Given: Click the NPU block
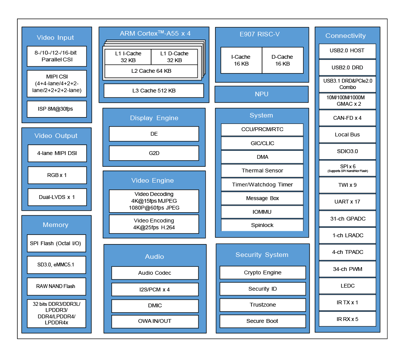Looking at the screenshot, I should click(261, 94).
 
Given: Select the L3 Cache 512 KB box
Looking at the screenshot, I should click(154, 91).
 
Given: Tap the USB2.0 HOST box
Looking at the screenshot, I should click(347, 51).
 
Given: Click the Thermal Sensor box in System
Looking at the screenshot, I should click(262, 171).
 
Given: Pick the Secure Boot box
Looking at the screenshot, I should click(262, 321).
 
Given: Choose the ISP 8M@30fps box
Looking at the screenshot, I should click(57, 109).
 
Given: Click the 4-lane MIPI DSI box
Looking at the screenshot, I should click(57, 153).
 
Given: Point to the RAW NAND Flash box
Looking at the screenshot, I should click(56, 286).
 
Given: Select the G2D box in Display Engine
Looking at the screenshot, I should click(154, 153).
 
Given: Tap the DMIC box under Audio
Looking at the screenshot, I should click(155, 305).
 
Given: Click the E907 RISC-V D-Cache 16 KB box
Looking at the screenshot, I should click(283, 60).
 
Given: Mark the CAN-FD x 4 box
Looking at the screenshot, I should click(347, 118).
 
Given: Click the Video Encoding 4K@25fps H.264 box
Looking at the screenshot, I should click(154, 224).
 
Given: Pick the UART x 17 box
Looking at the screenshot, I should click(347, 202).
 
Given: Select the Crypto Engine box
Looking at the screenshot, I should click(262, 272).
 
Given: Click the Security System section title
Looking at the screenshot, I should click(262, 255).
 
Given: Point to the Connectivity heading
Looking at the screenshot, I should click(345, 36).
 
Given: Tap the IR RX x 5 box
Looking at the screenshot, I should click(347, 319).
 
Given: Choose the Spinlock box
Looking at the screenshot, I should click(262, 225).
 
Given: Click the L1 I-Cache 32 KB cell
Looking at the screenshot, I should click(128, 57).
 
